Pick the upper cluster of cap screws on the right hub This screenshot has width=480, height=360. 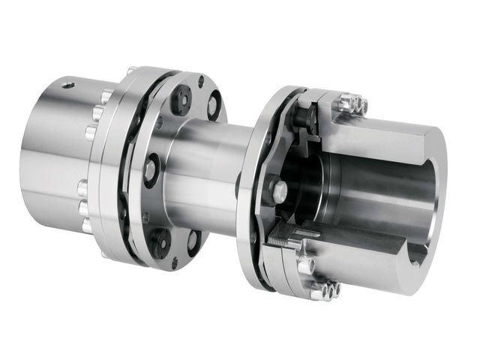pyautogui.click(x=352, y=104)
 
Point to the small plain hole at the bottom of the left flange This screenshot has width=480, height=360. pyautogui.click(x=174, y=262)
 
